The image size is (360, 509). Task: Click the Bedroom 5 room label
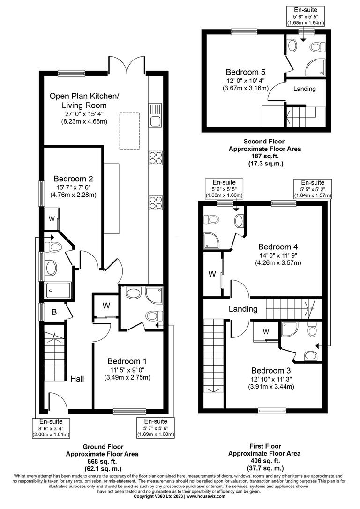(x=246, y=72)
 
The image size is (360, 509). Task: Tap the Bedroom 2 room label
(x=73, y=179)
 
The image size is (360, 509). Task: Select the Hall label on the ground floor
(x=77, y=378)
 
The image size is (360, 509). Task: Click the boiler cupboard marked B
(x=54, y=312)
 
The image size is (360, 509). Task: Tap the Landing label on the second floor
(x=305, y=89)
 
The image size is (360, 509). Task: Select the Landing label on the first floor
(x=243, y=309)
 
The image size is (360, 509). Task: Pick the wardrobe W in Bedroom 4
(x=212, y=274)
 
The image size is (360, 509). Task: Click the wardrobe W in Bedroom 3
(x=266, y=332)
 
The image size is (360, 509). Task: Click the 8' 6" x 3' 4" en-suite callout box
(x=51, y=428)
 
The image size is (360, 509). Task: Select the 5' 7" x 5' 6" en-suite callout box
(x=155, y=428)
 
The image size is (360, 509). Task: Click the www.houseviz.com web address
(x=207, y=496)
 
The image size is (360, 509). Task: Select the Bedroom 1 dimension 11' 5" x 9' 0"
(x=127, y=370)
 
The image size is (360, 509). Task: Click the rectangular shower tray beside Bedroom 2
(x=58, y=290)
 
